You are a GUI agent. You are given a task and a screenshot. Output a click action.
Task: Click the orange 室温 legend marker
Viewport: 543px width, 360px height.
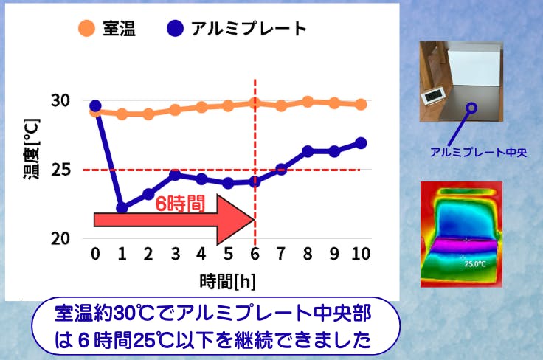86,28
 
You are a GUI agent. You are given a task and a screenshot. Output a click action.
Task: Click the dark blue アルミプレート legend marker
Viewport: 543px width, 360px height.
175,28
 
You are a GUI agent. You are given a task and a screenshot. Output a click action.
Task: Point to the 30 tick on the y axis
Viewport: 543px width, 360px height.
60,100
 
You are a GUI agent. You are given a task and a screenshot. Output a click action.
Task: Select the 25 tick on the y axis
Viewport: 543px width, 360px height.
60,170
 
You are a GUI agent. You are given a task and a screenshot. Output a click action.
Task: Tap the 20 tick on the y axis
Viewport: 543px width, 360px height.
60,238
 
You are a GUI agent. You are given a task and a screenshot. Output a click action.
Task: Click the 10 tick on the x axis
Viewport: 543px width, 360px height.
361,254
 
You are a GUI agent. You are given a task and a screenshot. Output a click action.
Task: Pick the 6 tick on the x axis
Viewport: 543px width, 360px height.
255,254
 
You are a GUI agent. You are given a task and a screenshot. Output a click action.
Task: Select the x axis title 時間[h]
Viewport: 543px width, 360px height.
227,281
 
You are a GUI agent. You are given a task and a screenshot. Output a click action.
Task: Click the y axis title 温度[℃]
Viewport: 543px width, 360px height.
32,148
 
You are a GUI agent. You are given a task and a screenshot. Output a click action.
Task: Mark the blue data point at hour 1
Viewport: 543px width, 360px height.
122,208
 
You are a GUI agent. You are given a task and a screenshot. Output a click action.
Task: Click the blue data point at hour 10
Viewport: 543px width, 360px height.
361,143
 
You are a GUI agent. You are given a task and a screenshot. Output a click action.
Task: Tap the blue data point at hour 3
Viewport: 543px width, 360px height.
176,175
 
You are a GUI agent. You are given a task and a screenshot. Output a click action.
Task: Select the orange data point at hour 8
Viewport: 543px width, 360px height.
308,102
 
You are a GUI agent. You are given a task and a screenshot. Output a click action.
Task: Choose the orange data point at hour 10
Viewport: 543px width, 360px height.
361,104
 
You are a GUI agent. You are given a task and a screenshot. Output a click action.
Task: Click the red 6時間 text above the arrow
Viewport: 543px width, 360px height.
180,203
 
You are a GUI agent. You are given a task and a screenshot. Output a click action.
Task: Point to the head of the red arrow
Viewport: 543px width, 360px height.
255,219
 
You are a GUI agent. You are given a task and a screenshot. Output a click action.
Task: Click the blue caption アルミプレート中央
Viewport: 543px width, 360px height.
478,152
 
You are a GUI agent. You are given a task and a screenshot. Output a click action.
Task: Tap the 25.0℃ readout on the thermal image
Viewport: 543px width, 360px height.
475,264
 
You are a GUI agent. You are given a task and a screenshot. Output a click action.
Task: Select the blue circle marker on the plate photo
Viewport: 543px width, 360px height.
471,108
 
